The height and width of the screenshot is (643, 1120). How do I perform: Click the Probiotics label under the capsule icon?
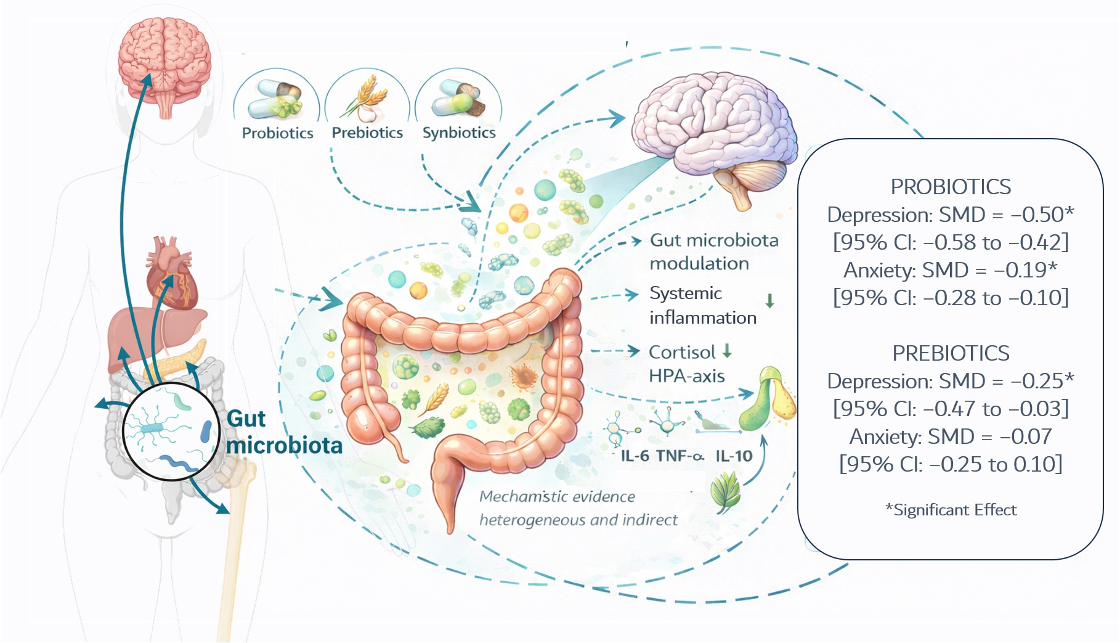(x=277, y=133)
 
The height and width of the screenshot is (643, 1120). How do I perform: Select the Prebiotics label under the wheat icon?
(x=367, y=133)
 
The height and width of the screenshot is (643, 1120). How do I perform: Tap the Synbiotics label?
(x=459, y=133)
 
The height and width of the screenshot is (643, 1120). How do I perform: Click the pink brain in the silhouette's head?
(x=164, y=62)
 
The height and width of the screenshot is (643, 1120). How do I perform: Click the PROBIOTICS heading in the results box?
(x=951, y=187)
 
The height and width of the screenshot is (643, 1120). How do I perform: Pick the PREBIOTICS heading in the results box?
(x=951, y=353)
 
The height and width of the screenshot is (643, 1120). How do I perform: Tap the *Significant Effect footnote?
(x=951, y=510)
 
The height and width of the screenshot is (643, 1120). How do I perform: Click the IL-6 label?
(x=635, y=456)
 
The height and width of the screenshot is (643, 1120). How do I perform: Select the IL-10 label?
(x=734, y=456)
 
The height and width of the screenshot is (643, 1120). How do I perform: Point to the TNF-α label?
(x=680, y=456)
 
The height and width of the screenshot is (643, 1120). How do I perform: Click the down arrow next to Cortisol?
(x=727, y=351)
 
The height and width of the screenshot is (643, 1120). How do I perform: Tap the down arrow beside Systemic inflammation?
(x=769, y=301)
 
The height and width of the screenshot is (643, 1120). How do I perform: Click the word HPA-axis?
(x=686, y=376)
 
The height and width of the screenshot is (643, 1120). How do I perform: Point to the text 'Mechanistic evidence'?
(x=557, y=497)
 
